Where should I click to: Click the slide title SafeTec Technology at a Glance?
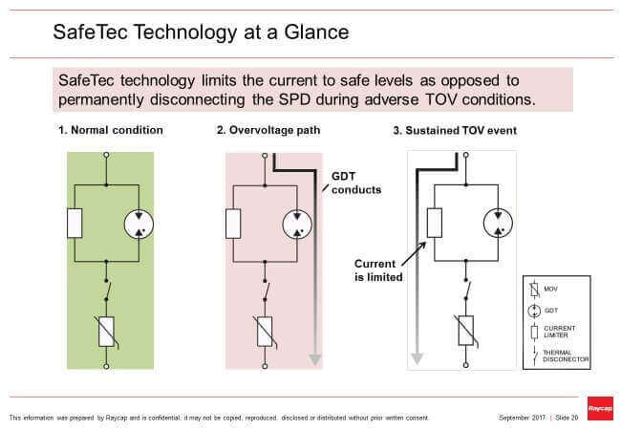(201, 32)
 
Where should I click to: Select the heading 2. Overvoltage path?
(268, 130)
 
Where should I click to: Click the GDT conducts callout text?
(355, 183)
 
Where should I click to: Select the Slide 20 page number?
(567, 418)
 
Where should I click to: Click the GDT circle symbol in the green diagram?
(139, 224)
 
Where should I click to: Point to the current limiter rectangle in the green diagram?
(74, 224)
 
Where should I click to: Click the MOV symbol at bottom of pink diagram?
(265, 331)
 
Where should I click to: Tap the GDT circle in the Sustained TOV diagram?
(498, 224)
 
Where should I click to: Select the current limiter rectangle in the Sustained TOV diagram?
(433, 224)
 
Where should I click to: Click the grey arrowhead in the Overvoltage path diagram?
(315, 359)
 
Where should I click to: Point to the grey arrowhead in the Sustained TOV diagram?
(417, 359)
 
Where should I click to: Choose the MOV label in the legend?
(550, 288)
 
